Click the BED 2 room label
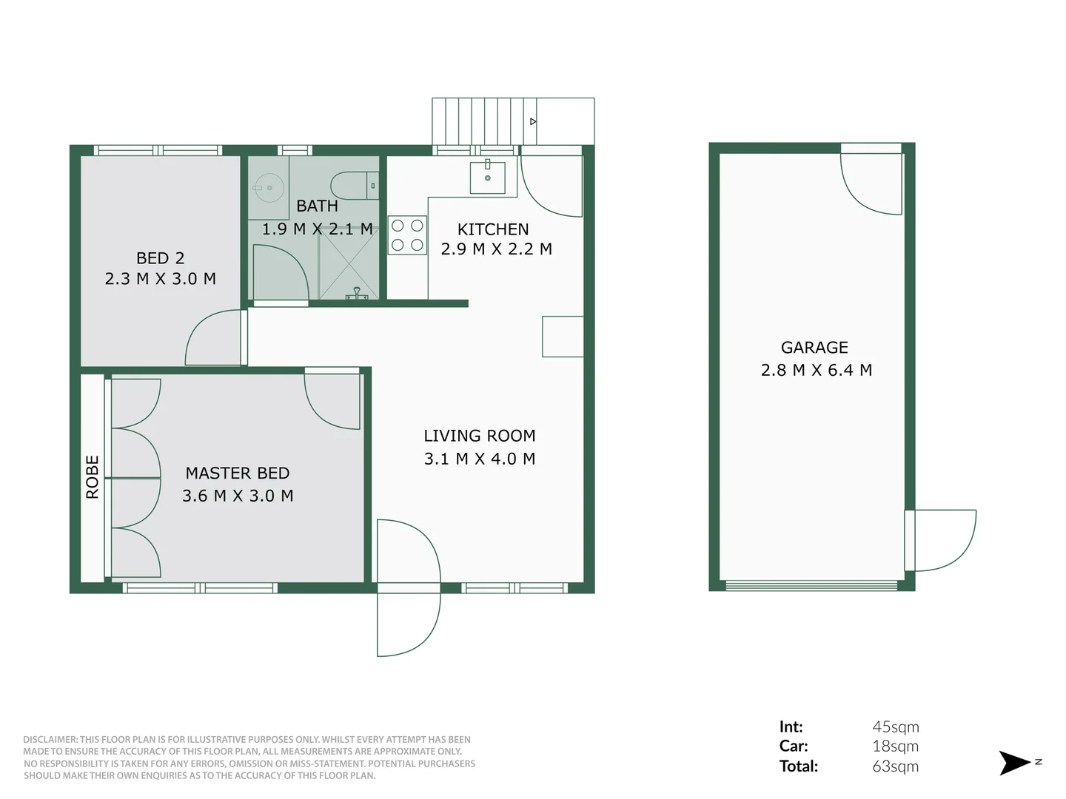click(x=160, y=258)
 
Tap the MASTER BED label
click(x=237, y=473)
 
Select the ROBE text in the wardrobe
click(x=93, y=477)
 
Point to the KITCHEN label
click(x=493, y=229)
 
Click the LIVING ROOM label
click(x=479, y=436)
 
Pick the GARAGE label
click(x=814, y=348)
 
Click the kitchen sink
click(x=487, y=178)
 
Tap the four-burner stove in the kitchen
click(x=407, y=235)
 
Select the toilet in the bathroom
click(x=354, y=186)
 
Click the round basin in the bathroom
click(x=267, y=188)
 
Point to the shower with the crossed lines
click(x=349, y=264)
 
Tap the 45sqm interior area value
click(x=895, y=727)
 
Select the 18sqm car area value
click(x=895, y=746)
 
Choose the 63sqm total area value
click(x=895, y=766)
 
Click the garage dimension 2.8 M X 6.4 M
click(x=816, y=370)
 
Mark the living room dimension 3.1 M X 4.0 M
click(x=479, y=459)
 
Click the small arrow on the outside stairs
click(x=532, y=121)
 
